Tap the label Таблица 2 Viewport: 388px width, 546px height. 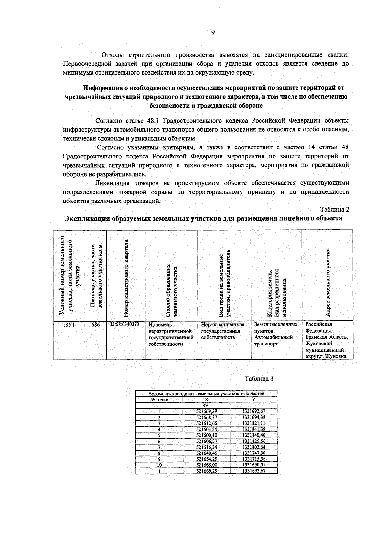[x=335, y=209]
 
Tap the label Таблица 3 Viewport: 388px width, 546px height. [x=259, y=379]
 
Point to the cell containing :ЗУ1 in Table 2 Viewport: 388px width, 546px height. [x=69, y=325]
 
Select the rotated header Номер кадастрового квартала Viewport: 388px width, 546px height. [x=126, y=278]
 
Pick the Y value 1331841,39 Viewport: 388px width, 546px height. [x=254, y=429]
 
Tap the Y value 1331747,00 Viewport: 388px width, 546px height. [x=254, y=453]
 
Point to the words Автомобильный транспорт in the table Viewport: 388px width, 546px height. [x=273, y=340]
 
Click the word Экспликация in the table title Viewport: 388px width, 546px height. [x=86, y=218]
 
